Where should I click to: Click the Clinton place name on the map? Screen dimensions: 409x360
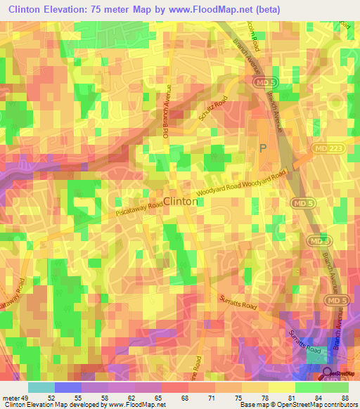coord(180,200)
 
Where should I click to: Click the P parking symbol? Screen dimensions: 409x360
coord(263,148)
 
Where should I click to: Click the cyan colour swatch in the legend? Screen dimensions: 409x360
coord(42,387)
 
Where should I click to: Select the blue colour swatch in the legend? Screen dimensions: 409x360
coord(69,387)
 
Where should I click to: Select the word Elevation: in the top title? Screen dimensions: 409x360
coord(74,10)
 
